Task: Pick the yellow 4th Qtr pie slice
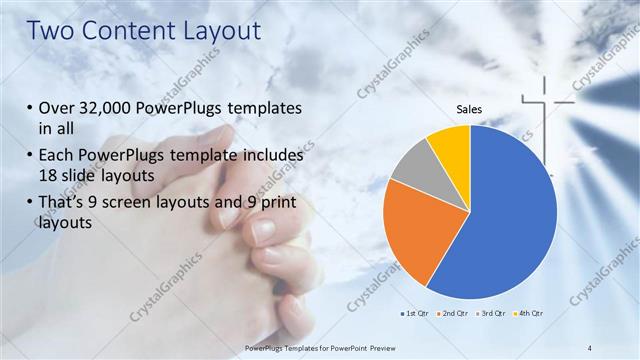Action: (x=451, y=145)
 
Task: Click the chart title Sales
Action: (x=470, y=109)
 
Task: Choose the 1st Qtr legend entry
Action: (x=417, y=315)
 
